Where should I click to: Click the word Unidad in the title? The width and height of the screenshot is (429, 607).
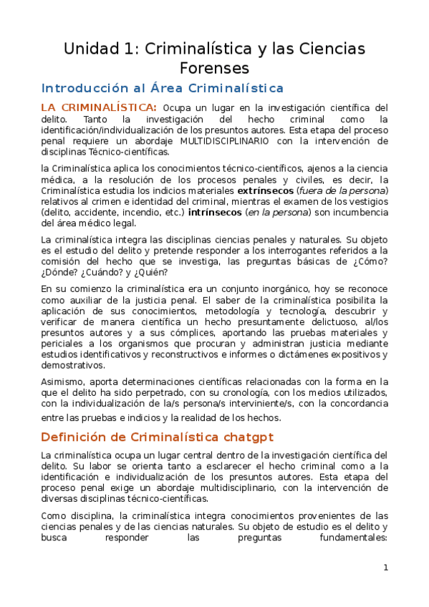point(91,49)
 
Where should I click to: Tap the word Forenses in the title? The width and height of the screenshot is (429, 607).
point(214,68)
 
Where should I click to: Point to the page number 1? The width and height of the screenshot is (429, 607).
point(385,568)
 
